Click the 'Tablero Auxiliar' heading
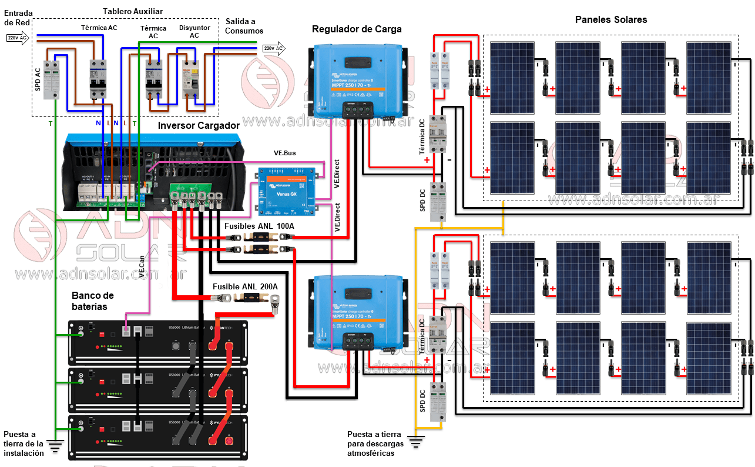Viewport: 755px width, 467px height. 132,12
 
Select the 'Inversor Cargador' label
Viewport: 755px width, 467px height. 199,125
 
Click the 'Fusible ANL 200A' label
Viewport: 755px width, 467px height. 245,286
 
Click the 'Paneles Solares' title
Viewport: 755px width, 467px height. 611,20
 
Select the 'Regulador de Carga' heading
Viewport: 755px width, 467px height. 357,29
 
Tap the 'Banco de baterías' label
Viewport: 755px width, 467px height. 93,301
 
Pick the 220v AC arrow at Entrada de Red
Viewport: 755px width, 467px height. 18,38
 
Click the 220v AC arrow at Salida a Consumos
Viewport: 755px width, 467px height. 273,48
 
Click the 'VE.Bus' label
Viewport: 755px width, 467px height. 285,153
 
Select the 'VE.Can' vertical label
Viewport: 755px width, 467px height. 142,265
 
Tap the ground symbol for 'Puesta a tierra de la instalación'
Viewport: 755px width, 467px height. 56,447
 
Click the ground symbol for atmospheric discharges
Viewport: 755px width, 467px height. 417,441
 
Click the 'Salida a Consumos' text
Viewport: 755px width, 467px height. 244,26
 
